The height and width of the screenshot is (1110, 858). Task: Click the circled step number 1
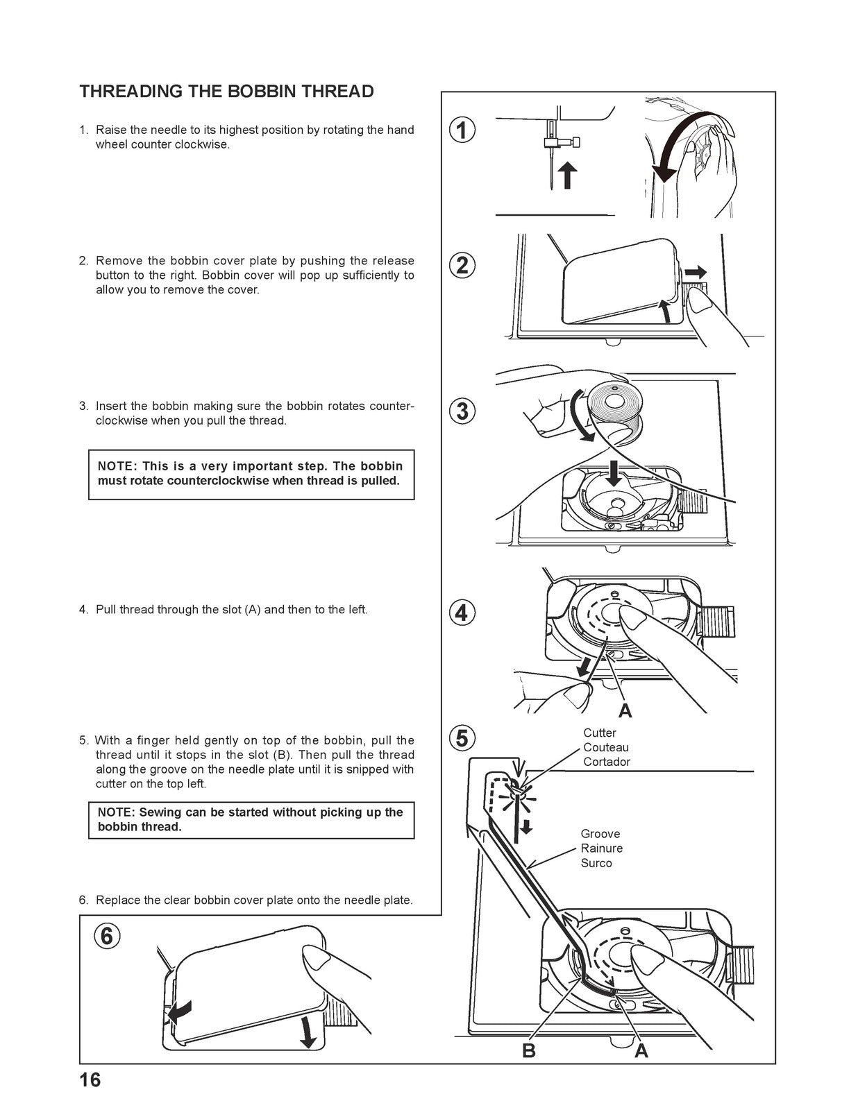[462, 130]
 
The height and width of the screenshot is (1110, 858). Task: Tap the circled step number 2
[462, 265]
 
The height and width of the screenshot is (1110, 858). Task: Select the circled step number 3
[462, 411]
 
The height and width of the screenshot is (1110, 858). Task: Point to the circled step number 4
[462, 613]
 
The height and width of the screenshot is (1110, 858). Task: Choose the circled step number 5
[462, 737]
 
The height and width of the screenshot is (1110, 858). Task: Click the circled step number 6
[106, 936]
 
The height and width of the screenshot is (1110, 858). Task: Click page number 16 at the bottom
[90, 1080]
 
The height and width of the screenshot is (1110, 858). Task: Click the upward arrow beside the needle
[568, 174]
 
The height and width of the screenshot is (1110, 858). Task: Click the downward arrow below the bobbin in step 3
[614, 474]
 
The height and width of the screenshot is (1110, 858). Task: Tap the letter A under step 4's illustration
[625, 710]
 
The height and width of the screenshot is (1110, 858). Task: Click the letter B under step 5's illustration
[529, 1051]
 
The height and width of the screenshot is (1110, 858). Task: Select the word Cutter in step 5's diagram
[600, 733]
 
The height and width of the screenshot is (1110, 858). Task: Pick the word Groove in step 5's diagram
[600, 834]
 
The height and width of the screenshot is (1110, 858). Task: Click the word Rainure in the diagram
[602, 848]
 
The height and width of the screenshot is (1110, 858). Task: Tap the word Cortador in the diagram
[607, 762]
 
